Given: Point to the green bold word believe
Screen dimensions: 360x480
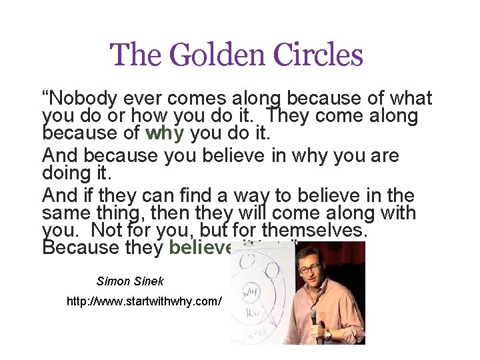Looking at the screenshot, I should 201,249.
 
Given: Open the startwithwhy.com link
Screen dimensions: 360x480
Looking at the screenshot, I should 144,301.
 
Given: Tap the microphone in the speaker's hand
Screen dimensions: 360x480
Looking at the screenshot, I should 312,319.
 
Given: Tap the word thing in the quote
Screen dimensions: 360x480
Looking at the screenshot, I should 109,214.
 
